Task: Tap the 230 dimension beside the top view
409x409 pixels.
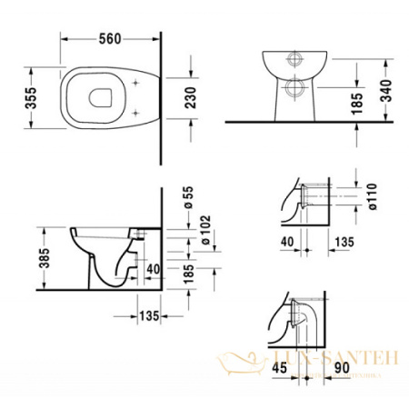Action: [x=190, y=93]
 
